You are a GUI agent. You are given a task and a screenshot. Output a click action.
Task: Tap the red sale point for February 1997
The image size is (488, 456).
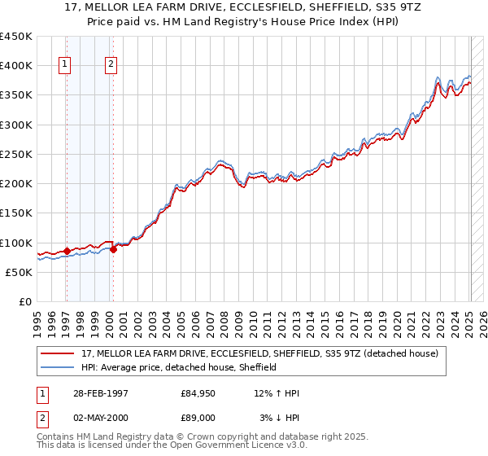point(67,252)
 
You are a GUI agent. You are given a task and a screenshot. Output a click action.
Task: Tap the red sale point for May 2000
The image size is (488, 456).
point(113,249)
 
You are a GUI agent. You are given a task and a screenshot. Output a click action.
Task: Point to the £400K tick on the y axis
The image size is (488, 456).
point(16,66)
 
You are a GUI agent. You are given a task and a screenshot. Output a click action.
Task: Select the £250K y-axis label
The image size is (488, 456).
point(16,154)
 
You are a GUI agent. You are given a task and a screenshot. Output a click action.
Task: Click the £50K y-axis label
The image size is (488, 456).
point(20,272)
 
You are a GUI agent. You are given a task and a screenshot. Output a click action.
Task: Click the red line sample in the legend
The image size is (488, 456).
point(59,353)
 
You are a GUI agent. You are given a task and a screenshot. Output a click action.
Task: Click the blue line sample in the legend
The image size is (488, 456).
point(59,367)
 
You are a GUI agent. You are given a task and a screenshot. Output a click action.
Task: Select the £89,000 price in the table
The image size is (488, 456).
point(198,417)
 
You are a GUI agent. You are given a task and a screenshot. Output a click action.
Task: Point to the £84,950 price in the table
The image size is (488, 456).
point(198,393)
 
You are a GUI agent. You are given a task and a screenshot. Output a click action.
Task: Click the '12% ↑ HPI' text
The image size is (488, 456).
point(277,393)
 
